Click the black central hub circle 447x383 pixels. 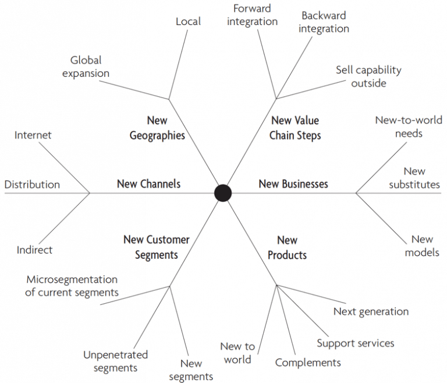tap(223, 193)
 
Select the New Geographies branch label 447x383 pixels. tap(157, 128)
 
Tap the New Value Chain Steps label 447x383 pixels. tap(295, 128)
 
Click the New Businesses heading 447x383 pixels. tap(293, 184)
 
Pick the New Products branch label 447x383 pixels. tap(288, 247)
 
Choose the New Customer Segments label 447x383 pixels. tap(157, 247)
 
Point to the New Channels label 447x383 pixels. tap(148, 184)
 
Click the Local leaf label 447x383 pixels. tap(188, 22)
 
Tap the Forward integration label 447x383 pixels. tap(253, 15)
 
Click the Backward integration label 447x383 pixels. tap(324, 22)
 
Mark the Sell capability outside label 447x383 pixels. tap(368, 76)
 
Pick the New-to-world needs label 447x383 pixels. tap(408, 127)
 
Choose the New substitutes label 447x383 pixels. tap(414, 178)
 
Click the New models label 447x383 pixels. tap(422, 245)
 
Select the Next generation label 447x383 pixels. tap(371, 311)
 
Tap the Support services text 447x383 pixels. tap(355, 343)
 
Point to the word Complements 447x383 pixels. tap(308, 363)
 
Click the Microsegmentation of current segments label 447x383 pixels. tap(72, 286)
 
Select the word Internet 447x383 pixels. tap(33, 135)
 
